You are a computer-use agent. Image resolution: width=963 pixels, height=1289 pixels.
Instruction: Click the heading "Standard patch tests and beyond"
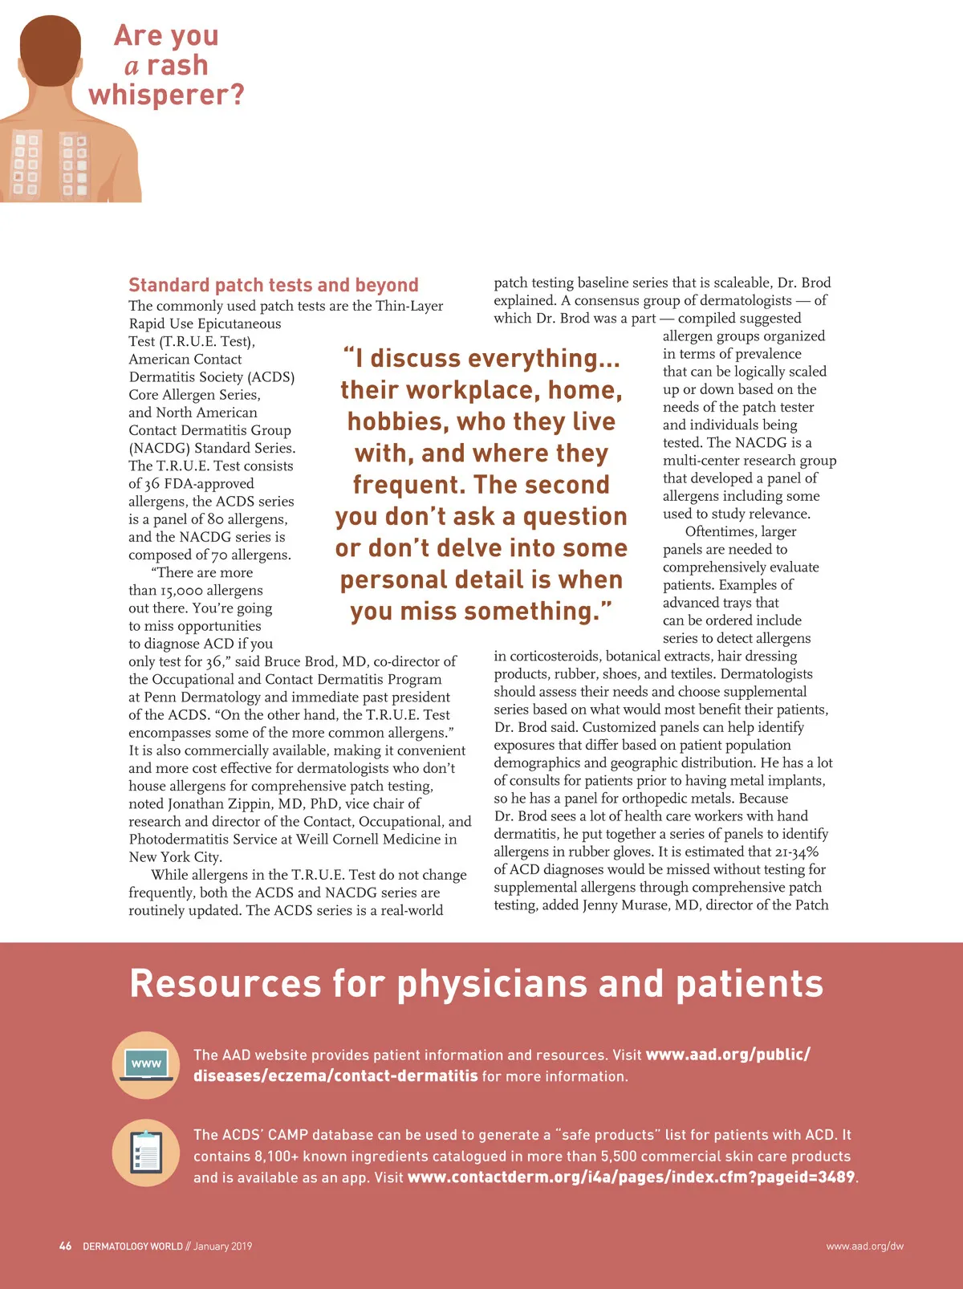[x=274, y=285]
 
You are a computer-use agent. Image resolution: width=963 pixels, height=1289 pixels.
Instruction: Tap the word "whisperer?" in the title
[x=167, y=95]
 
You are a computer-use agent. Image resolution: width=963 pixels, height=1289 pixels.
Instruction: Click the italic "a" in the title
[x=132, y=66]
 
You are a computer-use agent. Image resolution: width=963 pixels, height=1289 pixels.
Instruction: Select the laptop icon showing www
[x=146, y=1065]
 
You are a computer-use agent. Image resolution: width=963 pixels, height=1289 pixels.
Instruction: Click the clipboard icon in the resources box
[x=146, y=1153]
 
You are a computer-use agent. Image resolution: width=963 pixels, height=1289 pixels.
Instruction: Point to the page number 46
[x=65, y=1246]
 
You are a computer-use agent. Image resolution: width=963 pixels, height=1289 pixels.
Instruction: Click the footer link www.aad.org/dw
[x=864, y=1246]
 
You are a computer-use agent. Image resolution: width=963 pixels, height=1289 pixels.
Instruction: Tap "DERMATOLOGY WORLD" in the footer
[x=132, y=1246]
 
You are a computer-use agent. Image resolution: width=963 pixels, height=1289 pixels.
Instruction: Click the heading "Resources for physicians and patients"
[x=477, y=983]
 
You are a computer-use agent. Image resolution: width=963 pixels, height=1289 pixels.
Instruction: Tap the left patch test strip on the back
[x=26, y=165]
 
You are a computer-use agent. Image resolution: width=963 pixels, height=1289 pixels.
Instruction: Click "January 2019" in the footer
[x=222, y=1246]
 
